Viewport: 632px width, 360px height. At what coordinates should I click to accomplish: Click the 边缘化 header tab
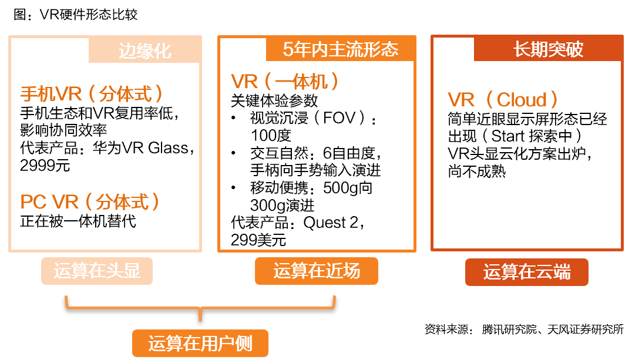point(145,51)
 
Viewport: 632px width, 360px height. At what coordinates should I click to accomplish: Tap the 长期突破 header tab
point(548,49)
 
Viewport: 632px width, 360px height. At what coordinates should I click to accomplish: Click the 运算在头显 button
point(97,271)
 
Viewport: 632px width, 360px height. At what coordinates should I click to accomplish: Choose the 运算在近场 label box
point(316,271)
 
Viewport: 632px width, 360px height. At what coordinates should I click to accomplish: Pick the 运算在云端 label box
point(527,272)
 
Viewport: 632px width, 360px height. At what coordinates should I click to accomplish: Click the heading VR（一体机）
point(285,81)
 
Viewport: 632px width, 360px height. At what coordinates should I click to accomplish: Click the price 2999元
point(45,166)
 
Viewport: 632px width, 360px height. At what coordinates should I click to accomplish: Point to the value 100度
point(271,136)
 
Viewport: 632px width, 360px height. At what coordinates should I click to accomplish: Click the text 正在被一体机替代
point(78,221)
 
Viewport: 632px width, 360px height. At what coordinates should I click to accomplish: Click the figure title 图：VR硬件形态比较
point(76,14)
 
